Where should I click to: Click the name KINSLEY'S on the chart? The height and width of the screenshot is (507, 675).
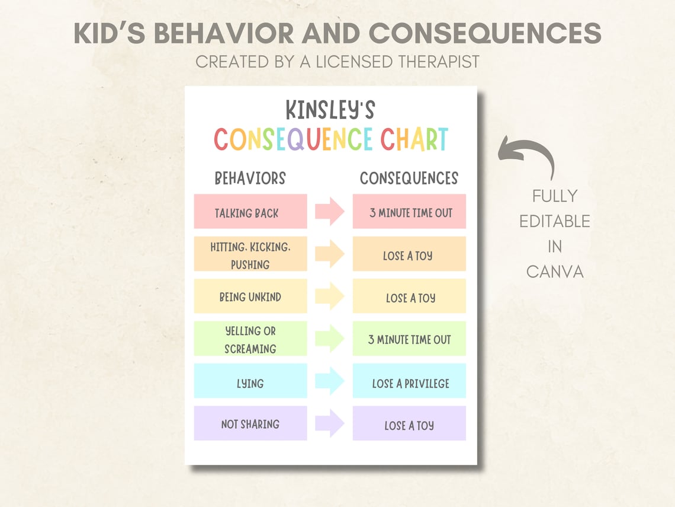pyautogui.click(x=330, y=110)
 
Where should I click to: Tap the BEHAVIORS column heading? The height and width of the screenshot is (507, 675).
pyautogui.click(x=250, y=178)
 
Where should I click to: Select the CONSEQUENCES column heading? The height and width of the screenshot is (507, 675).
pyautogui.click(x=409, y=178)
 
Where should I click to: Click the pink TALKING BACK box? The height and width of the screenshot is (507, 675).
pyautogui.click(x=250, y=212)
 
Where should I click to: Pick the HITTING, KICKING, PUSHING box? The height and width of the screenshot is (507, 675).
pyautogui.click(x=250, y=254)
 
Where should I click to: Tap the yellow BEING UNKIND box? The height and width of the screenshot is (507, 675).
pyautogui.click(x=250, y=296)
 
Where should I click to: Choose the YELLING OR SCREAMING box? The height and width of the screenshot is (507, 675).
pyautogui.click(x=250, y=339)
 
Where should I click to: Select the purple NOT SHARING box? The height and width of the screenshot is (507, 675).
pyautogui.click(x=250, y=423)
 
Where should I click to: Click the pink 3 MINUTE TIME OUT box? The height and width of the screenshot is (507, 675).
pyautogui.click(x=409, y=212)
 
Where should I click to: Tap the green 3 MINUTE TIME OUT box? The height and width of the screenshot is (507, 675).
pyautogui.click(x=409, y=339)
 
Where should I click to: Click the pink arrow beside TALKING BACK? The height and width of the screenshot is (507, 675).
pyautogui.click(x=329, y=212)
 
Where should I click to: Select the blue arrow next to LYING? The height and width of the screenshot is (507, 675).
pyautogui.click(x=329, y=381)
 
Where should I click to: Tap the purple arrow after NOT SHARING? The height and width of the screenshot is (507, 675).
pyautogui.click(x=329, y=423)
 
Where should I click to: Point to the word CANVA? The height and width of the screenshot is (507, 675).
pyautogui.click(x=555, y=272)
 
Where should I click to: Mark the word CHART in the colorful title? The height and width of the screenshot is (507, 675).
pyautogui.click(x=414, y=140)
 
